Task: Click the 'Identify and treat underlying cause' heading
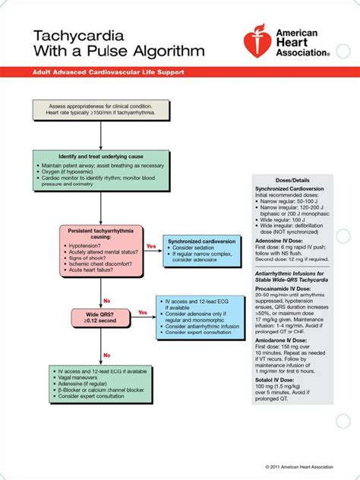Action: coord(101,156)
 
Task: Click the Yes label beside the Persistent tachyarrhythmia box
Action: coord(150,245)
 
